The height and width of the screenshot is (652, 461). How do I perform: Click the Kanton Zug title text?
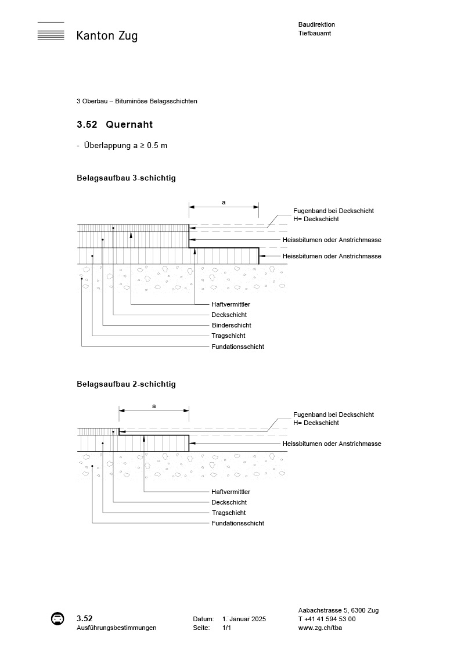pos(107,36)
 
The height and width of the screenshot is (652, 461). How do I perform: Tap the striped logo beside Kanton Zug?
pos(51,31)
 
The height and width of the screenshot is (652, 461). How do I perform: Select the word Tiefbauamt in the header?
pos(314,34)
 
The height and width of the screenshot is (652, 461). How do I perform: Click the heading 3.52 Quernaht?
pos(114,124)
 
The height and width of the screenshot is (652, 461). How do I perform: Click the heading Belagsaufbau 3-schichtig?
pos(126,178)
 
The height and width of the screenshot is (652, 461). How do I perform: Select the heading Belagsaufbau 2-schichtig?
pos(126,384)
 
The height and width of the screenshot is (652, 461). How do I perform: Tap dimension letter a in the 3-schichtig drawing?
pos(224,202)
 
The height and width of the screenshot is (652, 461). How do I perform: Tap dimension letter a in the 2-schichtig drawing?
pos(154,406)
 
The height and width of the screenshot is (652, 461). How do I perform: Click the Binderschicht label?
pos(231,325)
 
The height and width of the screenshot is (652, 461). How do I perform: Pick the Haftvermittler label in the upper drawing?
pos(231,304)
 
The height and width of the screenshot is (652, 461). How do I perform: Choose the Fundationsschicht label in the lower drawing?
pos(237,523)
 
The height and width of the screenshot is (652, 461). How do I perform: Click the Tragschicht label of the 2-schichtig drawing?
pos(229,513)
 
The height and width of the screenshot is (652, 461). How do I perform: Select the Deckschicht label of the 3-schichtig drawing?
pos(229,315)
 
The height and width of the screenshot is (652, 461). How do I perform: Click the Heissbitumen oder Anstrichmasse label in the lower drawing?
pos(332,444)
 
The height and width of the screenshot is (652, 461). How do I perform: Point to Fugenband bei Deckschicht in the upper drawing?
pos(333,211)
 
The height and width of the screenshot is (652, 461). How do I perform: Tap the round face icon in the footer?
pos(57,619)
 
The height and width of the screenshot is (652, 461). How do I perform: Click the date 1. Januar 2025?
pos(244,619)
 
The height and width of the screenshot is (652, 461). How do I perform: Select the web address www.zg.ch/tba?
pos(319,628)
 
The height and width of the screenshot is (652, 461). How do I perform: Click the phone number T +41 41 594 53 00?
pos(327,619)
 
